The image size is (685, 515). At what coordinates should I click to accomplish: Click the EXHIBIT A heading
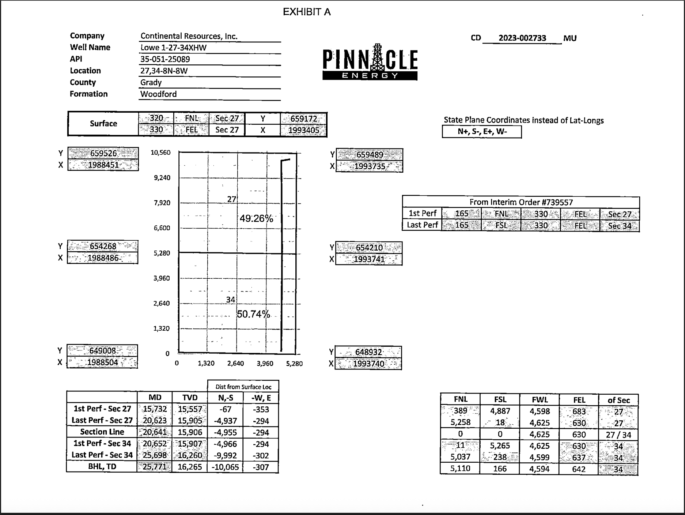pyautogui.click(x=307, y=12)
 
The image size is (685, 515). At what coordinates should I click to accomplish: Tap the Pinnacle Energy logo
pyautogui.click(x=370, y=62)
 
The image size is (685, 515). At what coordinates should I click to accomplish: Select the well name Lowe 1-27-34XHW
pyautogui.click(x=174, y=48)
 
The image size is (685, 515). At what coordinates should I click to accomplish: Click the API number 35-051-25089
pyautogui.click(x=165, y=59)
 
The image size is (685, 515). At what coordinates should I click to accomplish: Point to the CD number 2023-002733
pyautogui.click(x=522, y=38)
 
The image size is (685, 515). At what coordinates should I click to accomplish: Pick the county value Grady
pyautogui.click(x=151, y=82)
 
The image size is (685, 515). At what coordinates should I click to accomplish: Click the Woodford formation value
pyautogui.click(x=158, y=94)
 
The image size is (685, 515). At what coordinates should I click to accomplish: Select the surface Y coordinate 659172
pyautogui.click(x=303, y=119)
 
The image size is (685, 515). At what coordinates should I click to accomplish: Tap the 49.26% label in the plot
pyautogui.click(x=256, y=218)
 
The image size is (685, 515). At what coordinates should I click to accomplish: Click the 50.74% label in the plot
pyautogui.click(x=253, y=314)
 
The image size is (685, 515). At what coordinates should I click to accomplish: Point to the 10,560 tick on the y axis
pyautogui.click(x=160, y=153)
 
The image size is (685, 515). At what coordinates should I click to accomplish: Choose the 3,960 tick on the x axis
pyautogui.click(x=265, y=364)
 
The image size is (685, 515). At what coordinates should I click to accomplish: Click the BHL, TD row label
pyautogui.click(x=102, y=467)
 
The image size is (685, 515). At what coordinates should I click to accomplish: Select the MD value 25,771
pyautogui.click(x=155, y=467)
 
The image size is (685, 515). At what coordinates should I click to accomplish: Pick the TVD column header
pyautogui.click(x=190, y=398)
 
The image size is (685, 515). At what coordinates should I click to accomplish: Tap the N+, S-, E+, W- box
pyautogui.click(x=482, y=132)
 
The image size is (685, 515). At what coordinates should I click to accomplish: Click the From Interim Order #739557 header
pyautogui.click(x=521, y=202)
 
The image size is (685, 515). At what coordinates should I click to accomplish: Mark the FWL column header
pyautogui.click(x=540, y=400)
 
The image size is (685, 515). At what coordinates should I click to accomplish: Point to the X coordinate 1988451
pyautogui.click(x=103, y=165)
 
